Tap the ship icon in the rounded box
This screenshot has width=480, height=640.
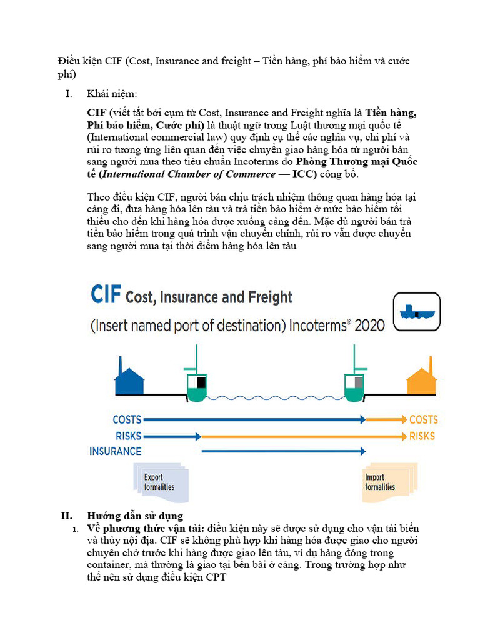[x=416, y=311]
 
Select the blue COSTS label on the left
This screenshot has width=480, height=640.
[x=127, y=420]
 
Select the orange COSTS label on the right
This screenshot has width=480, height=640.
[x=423, y=420]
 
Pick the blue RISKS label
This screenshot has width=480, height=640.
[x=128, y=436]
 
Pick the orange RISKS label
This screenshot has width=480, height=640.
[x=422, y=436]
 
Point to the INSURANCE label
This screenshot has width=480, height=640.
[x=116, y=451]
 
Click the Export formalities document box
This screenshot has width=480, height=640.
[x=160, y=482]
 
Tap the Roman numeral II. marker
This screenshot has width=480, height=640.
[x=67, y=516]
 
